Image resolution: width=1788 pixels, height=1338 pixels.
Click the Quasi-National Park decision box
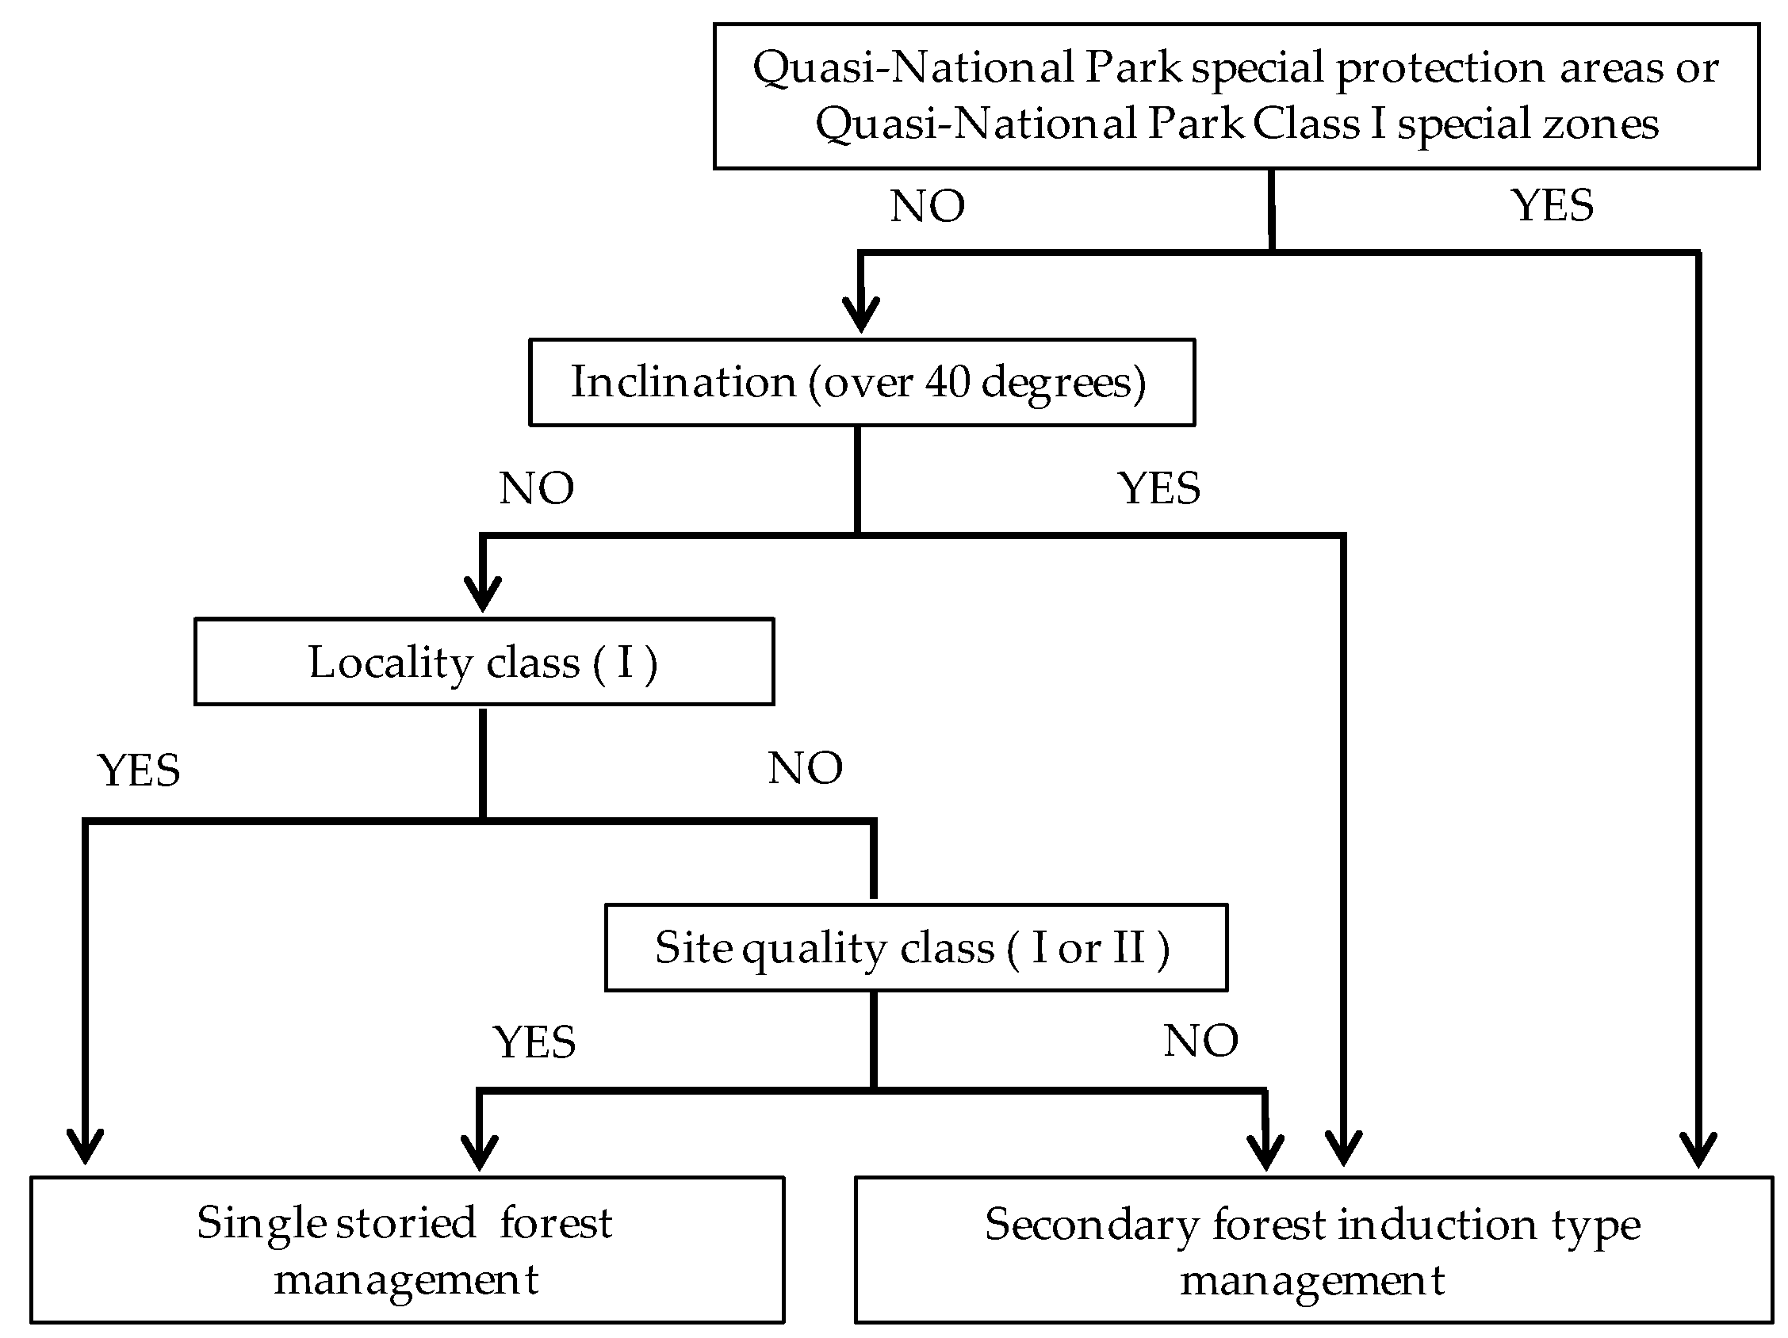coord(1237,96)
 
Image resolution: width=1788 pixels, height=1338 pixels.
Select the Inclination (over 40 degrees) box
coord(862,382)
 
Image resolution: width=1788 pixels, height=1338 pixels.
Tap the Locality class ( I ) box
coord(484,663)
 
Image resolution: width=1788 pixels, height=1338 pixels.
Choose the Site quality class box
coord(916,948)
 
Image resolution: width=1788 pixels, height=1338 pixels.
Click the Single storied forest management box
coord(408,1250)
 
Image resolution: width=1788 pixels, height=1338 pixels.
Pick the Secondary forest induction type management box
coord(1314,1251)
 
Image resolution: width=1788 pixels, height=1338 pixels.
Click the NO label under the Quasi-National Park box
coord(927,207)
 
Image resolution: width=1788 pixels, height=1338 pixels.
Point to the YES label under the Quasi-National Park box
coord(1553,205)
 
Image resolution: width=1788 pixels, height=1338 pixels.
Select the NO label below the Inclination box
coord(537,489)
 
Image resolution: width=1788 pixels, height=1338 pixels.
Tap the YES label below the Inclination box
coord(1159,489)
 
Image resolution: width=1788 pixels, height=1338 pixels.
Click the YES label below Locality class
coord(139,770)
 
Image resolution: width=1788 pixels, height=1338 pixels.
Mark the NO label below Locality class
coord(805,768)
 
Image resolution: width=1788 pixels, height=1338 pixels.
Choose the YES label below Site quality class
coord(535,1042)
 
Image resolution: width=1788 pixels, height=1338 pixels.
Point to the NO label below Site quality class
coord(1201,1041)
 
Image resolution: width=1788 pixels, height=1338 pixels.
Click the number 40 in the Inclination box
coord(948,382)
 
